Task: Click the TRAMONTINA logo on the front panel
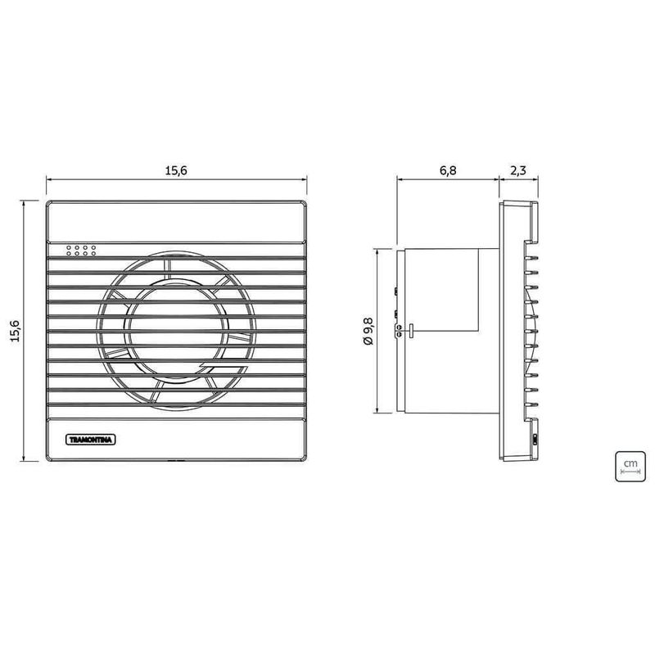pyautogui.click(x=91, y=440)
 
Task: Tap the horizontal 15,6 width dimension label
pyautogui.click(x=176, y=170)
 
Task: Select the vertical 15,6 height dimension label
pyautogui.click(x=16, y=331)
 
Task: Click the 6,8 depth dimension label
pyautogui.click(x=448, y=170)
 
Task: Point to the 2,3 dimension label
pyautogui.click(x=518, y=170)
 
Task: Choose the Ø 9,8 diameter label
pyautogui.click(x=368, y=331)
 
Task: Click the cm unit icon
pyautogui.click(x=630, y=466)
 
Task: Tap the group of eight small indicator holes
pyautogui.click(x=80, y=251)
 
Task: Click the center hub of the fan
pyautogui.click(x=176, y=331)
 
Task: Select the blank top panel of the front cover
pyautogui.click(x=176, y=222)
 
